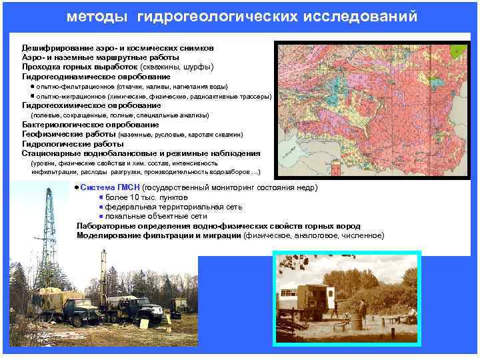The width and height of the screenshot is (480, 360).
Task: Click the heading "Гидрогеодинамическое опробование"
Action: click(x=87, y=77)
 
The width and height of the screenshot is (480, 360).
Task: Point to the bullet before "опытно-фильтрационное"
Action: click(x=33, y=87)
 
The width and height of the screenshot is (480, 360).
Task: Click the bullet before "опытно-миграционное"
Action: click(x=33, y=96)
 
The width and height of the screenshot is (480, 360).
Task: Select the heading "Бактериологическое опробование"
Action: click(x=90, y=125)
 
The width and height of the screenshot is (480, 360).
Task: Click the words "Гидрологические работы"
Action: click(x=63, y=143)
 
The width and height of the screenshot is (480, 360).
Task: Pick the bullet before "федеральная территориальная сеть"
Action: click(x=101, y=207)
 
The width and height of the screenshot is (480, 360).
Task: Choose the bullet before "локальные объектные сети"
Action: click(x=101, y=217)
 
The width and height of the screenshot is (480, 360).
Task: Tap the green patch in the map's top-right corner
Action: click(x=459, y=51)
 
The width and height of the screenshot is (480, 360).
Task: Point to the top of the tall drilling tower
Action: click(x=51, y=193)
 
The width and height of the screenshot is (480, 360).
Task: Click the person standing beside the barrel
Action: click(x=362, y=311)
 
